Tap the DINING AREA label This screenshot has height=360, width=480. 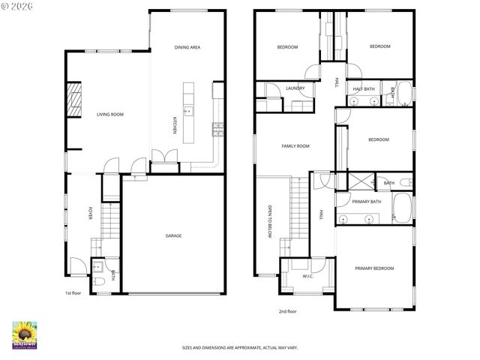tap(187, 47)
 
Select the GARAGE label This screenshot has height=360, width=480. tap(173, 235)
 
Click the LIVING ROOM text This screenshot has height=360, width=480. tap(109, 115)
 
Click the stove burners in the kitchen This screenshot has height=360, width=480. tap(218, 128)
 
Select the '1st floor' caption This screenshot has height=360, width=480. tap(72, 293)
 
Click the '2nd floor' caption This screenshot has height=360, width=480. tap(288, 310)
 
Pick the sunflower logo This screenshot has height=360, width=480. tap(25, 334)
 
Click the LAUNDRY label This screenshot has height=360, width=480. tap(295, 88)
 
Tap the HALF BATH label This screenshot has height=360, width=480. tap(364, 89)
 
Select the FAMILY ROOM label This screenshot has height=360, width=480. tap(295, 146)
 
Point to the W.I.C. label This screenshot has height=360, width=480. tap(307, 276)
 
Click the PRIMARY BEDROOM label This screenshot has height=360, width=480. tap(374, 268)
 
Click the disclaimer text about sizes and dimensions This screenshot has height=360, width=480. tap(239, 347)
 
